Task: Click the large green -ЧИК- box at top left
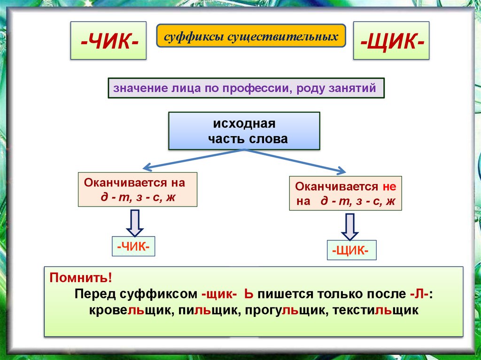[x=109, y=40]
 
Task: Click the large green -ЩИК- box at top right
[x=391, y=40]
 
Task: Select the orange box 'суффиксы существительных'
[x=251, y=36]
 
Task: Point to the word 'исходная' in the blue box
[x=243, y=125]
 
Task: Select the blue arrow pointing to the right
[x=296, y=161]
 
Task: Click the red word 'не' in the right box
[x=389, y=186]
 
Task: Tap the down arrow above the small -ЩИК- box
[x=350, y=226]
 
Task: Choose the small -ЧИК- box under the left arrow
[x=134, y=246]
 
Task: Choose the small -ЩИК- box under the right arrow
[x=351, y=250]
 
